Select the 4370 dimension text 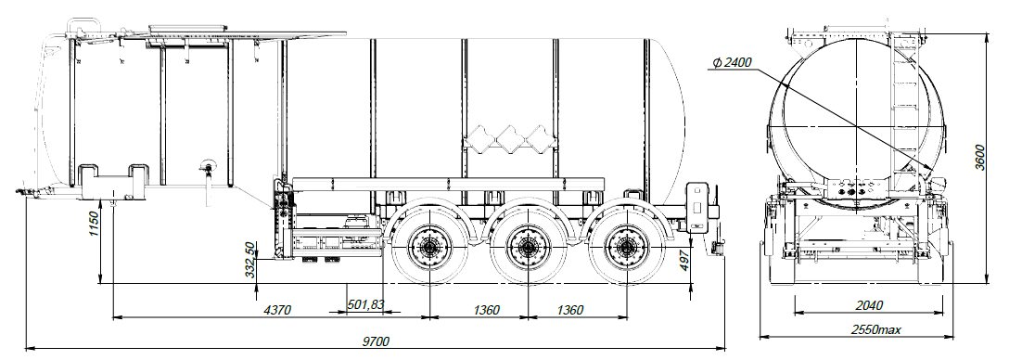point(278,311)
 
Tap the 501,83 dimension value point(365,304)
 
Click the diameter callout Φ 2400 point(732,62)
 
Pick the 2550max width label point(876,329)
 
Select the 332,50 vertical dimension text point(250,260)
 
